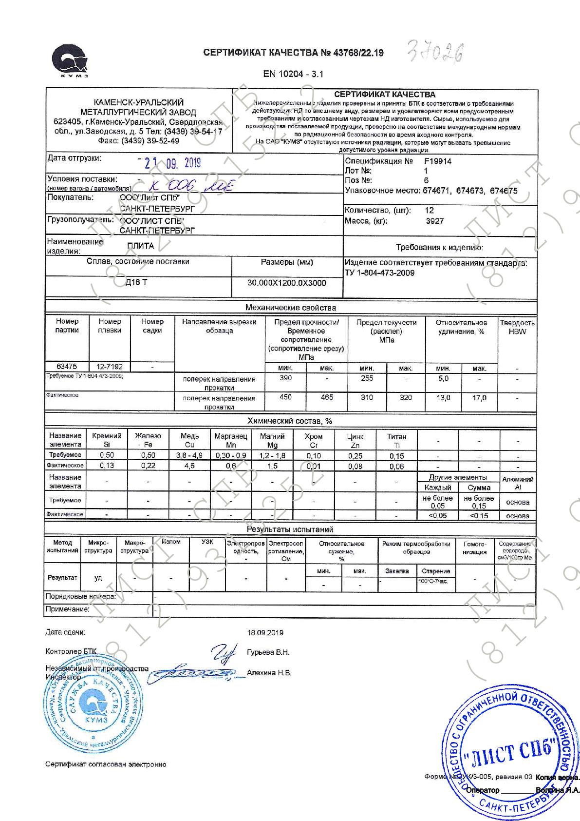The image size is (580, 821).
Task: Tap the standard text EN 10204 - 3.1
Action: [293, 74]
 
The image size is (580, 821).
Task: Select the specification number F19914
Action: [438, 161]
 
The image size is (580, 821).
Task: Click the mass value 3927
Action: [435, 221]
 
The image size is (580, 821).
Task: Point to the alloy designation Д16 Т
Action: [136, 283]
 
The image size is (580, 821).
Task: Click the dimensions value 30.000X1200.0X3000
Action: [287, 283]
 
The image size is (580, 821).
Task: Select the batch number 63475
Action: [67, 366]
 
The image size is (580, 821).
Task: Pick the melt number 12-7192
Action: [110, 366]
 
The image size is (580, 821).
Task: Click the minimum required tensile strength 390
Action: [286, 378]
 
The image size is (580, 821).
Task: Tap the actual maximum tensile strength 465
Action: [327, 397]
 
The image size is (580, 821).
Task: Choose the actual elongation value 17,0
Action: [479, 398]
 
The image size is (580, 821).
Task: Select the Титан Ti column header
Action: [397, 440]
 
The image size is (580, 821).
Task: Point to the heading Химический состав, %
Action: [290, 421]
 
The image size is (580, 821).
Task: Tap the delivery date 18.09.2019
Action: [265, 633]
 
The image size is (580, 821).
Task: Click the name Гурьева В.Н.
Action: [268, 652]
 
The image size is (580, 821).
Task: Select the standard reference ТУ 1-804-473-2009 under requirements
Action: [379, 273]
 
